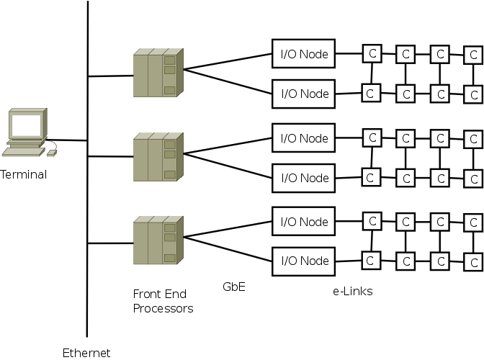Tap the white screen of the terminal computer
click(25, 127)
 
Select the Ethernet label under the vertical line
click(86, 353)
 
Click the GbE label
click(234, 287)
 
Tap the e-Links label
click(352, 291)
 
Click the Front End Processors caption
click(163, 302)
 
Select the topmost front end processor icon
click(158, 73)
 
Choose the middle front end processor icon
click(158, 156)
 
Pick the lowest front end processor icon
click(158, 240)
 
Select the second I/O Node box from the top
click(304, 94)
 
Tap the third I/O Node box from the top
click(304, 138)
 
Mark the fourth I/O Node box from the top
click(304, 178)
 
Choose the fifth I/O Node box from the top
click(304, 221)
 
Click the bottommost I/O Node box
click(304, 261)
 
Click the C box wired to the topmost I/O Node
click(372, 53)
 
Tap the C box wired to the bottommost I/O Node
click(372, 260)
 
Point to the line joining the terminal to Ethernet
click(66, 140)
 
